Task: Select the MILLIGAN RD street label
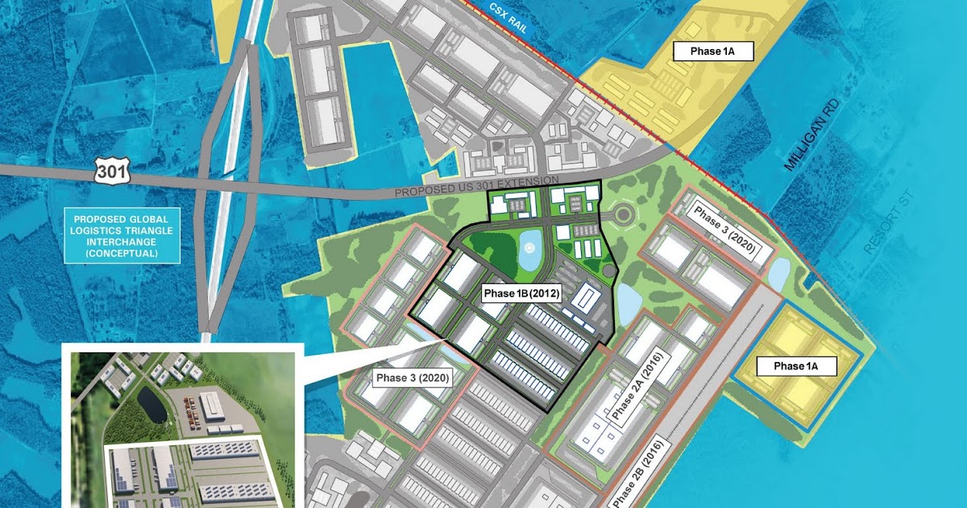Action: pos(808,134)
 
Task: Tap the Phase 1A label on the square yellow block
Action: pos(795,366)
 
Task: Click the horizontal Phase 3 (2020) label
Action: pos(413,377)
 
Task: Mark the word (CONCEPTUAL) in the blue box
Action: pos(122,253)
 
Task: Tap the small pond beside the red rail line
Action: pos(778,273)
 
